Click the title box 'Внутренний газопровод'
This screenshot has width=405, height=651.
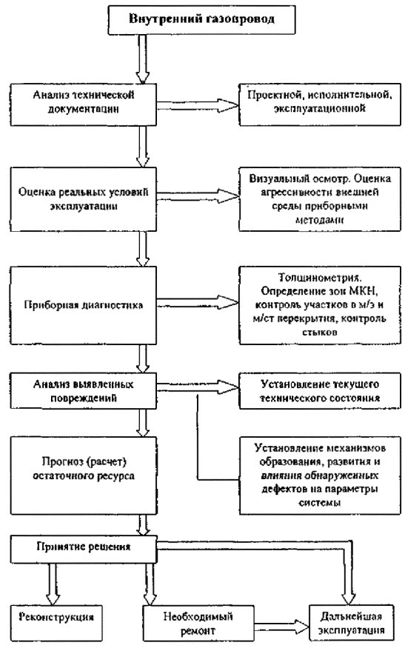201,19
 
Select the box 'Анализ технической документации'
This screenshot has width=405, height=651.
84,104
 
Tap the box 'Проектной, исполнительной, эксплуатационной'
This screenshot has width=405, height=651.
320,104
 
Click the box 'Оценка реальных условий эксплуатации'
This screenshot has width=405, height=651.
84,199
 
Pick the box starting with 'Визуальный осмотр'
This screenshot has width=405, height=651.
320,199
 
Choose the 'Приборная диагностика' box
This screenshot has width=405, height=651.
84,305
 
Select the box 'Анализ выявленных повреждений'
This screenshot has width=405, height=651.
84,391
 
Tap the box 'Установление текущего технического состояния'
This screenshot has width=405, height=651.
320,391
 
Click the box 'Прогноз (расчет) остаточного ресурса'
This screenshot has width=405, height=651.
84,475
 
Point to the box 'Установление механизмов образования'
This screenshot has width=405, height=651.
320,475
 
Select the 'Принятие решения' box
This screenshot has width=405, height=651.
84,550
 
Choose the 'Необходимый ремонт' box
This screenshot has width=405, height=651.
198,623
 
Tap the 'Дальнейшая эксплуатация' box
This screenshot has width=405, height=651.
351,623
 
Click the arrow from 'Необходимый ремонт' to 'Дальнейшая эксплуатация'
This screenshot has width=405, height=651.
281,624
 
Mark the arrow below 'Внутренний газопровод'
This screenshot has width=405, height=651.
143,59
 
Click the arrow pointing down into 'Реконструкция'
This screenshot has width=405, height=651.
53,584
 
